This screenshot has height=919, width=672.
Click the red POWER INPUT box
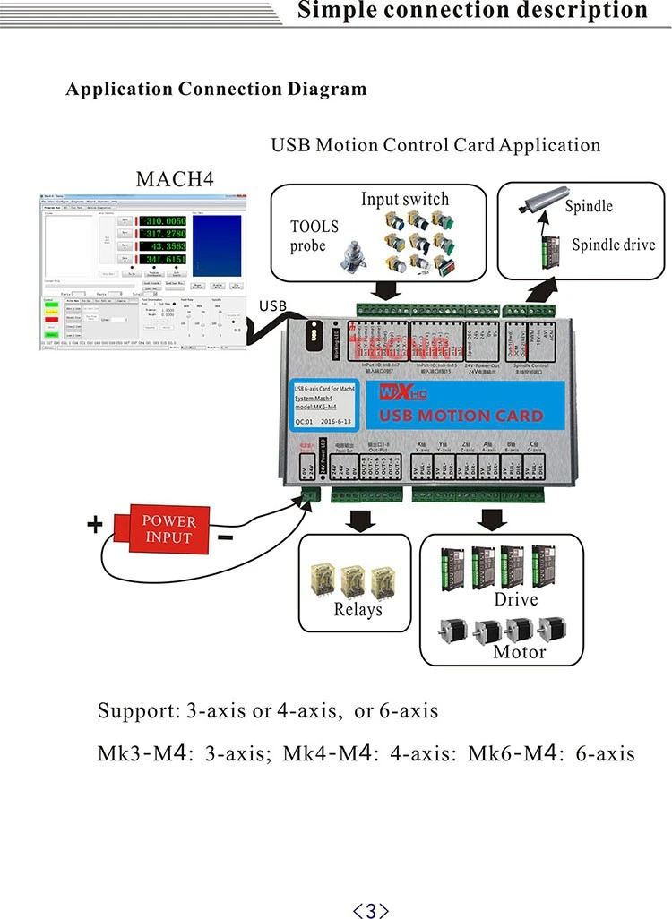(168, 529)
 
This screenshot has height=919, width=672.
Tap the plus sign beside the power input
(94, 525)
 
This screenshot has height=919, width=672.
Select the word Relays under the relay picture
(358, 610)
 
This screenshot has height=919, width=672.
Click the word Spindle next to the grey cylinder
(589, 206)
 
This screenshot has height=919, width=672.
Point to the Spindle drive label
(613, 245)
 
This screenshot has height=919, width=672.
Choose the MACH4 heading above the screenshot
(176, 178)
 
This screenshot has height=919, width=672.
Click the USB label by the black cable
(272, 306)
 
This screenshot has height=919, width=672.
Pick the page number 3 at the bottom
(371, 911)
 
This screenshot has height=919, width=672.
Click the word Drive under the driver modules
(516, 598)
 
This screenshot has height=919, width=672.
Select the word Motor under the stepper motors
(519, 651)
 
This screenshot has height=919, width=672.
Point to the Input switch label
(405, 199)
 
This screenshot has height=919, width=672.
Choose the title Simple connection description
(472, 11)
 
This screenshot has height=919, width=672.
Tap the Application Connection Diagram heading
(216, 89)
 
